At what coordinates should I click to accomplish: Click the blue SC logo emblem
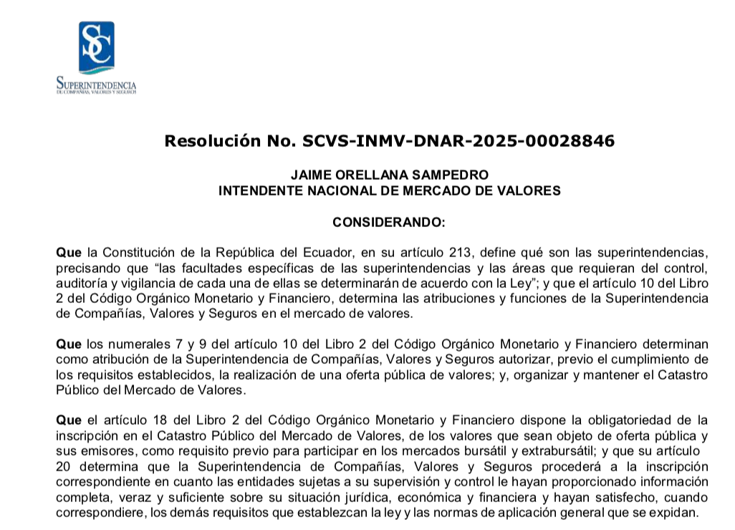pos(96,48)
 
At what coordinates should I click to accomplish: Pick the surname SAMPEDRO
pos(449,175)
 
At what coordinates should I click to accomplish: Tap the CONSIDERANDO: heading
pos(389,223)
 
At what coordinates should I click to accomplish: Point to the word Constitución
pos(145,253)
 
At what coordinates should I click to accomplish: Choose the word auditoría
pos(81,283)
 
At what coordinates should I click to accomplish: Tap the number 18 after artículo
pos(147,420)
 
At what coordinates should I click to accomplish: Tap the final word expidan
pos(676,514)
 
